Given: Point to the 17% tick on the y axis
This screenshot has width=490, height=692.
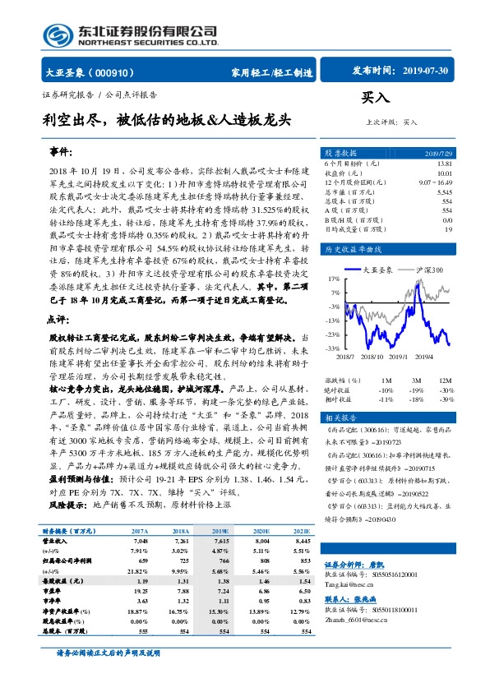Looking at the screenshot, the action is point(334,278).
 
